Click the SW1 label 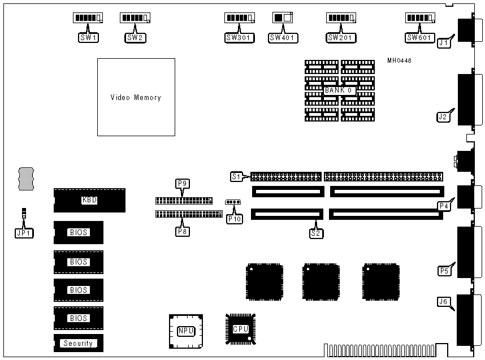point(88,38)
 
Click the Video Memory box point(136,97)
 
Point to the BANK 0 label point(339,90)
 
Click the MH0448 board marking point(400,60)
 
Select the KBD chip point(89,200)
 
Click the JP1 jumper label point(24,231)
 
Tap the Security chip point(78,343)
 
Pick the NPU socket point(184,331)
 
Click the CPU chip point(241,329)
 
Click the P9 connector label point(181,183)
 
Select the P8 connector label point(182,231)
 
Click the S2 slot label point(316,232)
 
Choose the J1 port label point(444,42)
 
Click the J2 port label point(443,117)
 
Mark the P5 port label point(445,271)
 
